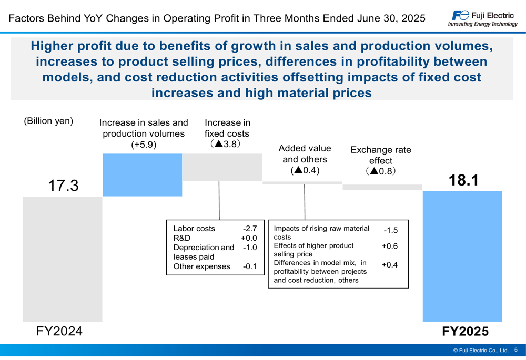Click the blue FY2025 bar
[462, 256]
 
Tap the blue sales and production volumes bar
[142, 174]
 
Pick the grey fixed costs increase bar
[222, 167]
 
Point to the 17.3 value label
[63, 185]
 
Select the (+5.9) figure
[144, 145]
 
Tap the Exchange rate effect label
[381, 155]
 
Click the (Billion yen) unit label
[48, 121]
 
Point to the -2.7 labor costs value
[249, 229]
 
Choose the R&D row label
[181, 238]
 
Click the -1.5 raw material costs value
[390, 231]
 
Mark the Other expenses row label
[201, 266]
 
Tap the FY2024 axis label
[59, 332]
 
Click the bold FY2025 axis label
[465, 332]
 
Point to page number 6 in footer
[516, 350]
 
